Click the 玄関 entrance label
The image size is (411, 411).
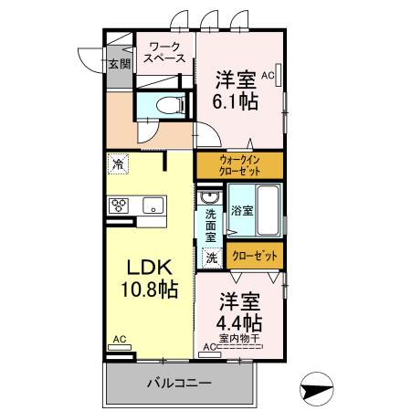[119, 64]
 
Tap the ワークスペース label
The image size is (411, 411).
[165, 51]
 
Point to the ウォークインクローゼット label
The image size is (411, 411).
[239, 165]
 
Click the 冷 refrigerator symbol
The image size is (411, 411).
[118, 164]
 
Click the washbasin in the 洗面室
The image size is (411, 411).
[209, 197]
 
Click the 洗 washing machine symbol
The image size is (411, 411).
[210, 258]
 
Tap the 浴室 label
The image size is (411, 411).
[241, 211]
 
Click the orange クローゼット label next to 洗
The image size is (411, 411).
[254, 257]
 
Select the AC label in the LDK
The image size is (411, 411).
[119, 339]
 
